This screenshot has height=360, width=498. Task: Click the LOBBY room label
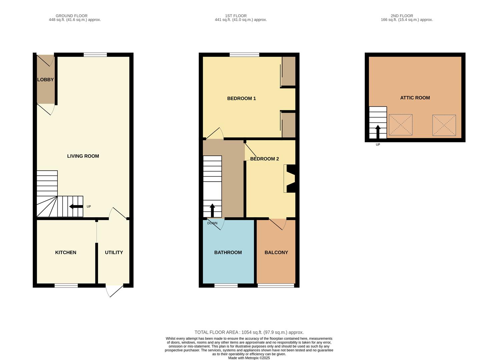45,80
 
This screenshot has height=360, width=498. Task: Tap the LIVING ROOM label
83,156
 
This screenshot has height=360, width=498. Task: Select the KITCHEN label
66,252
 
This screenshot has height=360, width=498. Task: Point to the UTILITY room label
114,252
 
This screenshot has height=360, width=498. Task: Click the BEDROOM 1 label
241,98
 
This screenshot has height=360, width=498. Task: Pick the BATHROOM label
228,252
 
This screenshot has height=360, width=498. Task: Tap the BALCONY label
276,252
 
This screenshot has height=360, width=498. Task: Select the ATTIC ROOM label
415,98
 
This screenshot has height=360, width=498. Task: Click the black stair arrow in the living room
76,207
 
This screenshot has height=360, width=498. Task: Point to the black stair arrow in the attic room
378,132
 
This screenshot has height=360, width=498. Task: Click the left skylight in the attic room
401,125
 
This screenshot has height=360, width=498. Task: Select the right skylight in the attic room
444,125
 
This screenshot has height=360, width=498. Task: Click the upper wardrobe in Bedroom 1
289,71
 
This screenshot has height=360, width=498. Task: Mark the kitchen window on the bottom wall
66,285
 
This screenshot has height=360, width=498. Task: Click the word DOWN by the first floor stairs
212,223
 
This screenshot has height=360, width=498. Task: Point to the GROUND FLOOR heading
71,16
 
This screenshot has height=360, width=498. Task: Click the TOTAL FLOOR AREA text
249,332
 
